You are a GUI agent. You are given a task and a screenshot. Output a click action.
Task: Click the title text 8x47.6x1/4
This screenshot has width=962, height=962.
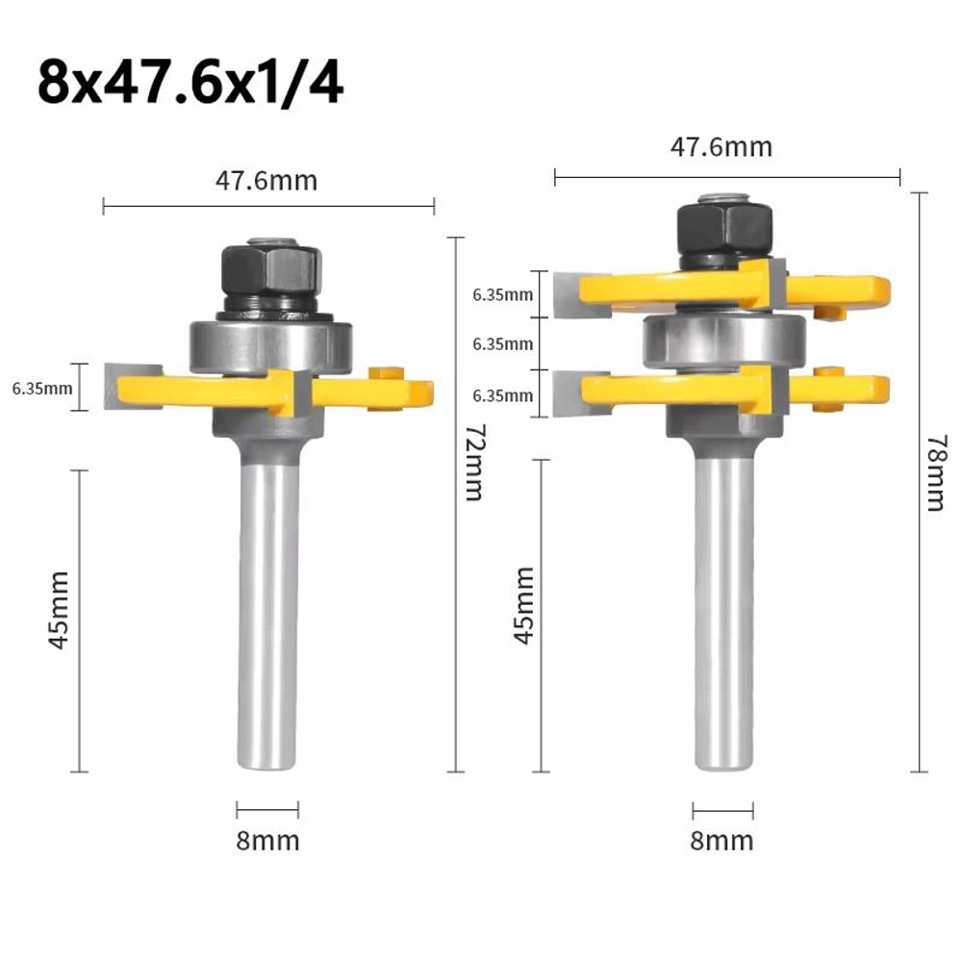[190, 84]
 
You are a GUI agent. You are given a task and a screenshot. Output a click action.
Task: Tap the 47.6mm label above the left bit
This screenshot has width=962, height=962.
[267, 181]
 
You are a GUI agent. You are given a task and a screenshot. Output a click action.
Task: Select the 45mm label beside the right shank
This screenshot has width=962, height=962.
[524, 605]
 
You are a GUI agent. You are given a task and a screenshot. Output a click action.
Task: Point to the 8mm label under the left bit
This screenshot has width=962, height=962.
[267, 841]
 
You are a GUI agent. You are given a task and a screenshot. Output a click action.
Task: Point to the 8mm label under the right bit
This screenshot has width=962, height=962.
[722, 841]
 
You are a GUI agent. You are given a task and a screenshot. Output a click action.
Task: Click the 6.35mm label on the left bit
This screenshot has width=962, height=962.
[41, 389]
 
